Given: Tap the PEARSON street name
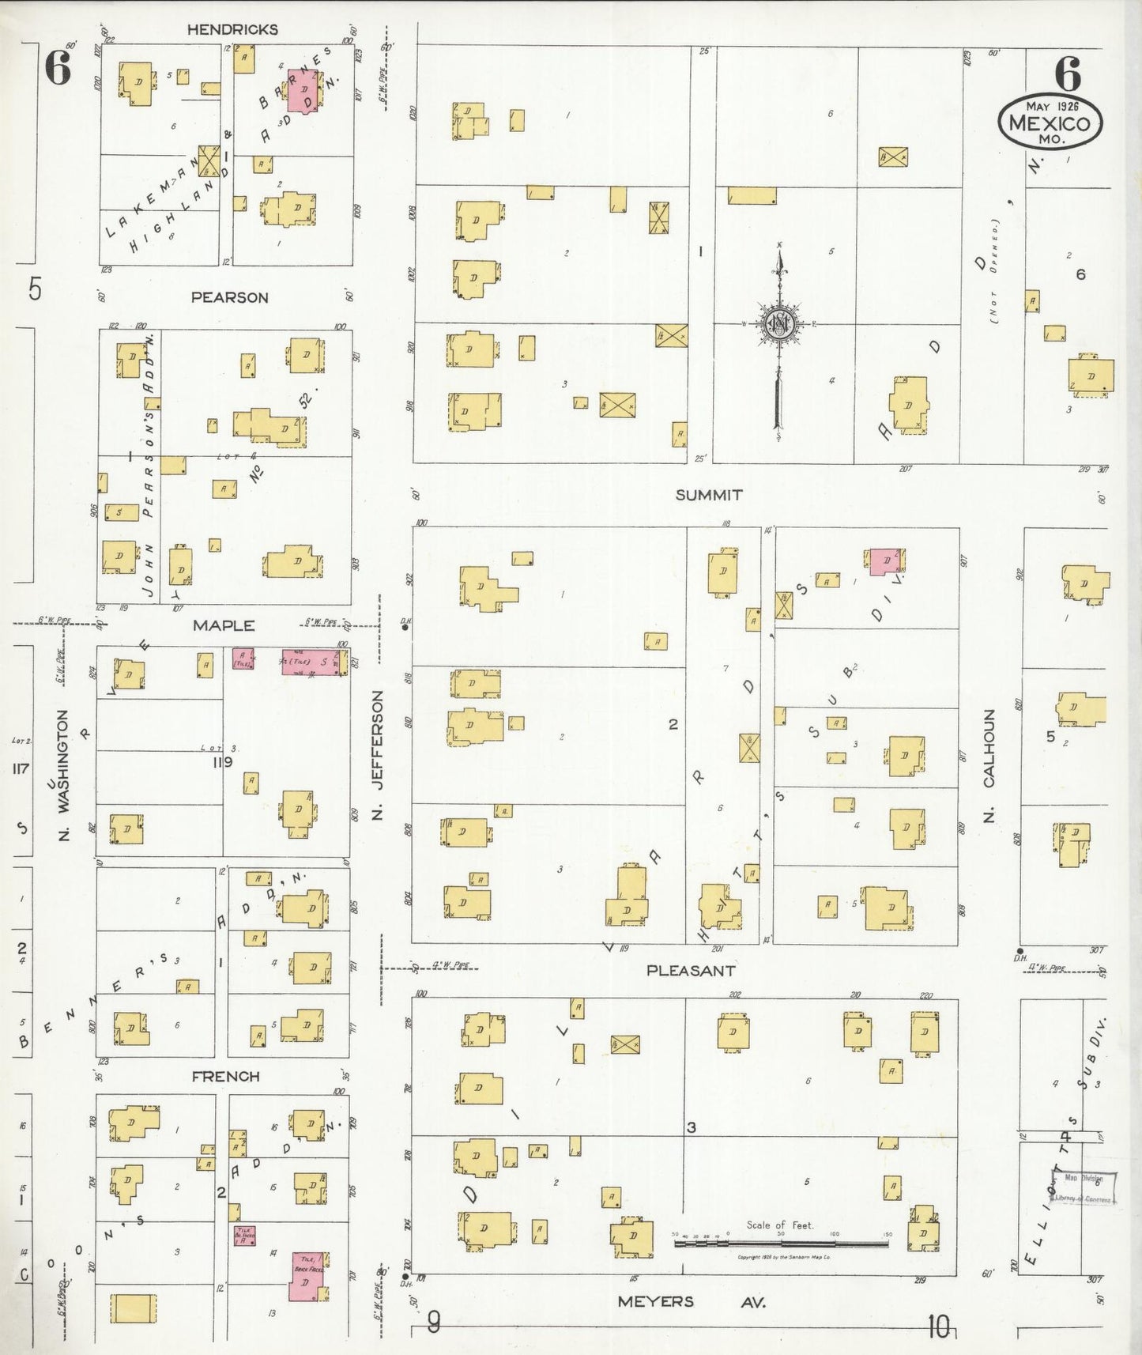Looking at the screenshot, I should (x=229, y=297).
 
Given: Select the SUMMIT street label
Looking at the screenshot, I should (x=709, y=495).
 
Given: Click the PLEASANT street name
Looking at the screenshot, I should (x=691, y=970).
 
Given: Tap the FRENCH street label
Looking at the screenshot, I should (x=225, y=1076).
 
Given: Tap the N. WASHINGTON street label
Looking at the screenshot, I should (x=65, y=774).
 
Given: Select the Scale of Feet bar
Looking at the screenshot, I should (x=781, y=1244).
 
